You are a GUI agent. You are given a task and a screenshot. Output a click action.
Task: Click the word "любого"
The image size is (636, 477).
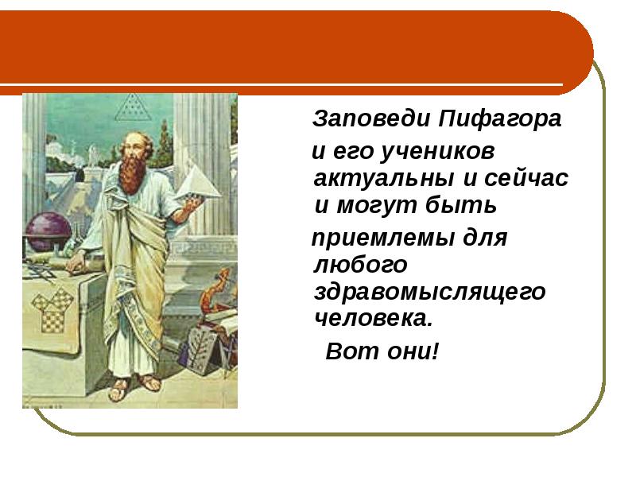tap(360, 265)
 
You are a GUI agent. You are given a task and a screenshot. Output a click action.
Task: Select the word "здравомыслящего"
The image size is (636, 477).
tap(429, 292)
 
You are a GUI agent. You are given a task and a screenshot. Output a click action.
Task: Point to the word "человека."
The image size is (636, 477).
tap(372, 320)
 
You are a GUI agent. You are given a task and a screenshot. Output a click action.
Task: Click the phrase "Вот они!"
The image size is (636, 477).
tap(382, 350)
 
